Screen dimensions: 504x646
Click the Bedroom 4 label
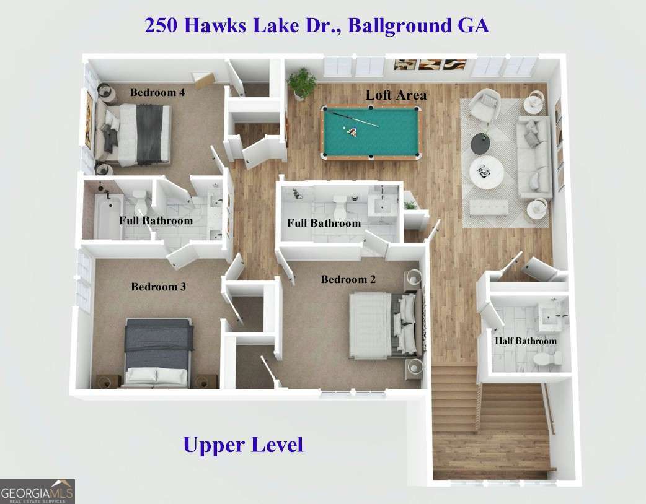tap(157, 93)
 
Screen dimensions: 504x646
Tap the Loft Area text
tap(396, 95)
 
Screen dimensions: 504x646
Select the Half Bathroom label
tap(525, 341)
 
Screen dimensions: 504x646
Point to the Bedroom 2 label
tap(348, 280)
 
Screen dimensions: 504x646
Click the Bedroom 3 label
tap(158, 287)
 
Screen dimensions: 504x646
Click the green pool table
tap(370, 132)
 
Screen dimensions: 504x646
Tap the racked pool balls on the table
tap(352, 131)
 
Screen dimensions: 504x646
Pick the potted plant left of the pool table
tap(302, 83)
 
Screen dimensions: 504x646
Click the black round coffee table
tap(480, 144)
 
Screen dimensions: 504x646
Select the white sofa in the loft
tap(534, 156)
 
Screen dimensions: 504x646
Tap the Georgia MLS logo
tap(37, 492)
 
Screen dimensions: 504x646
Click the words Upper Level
tap(243, 445)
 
